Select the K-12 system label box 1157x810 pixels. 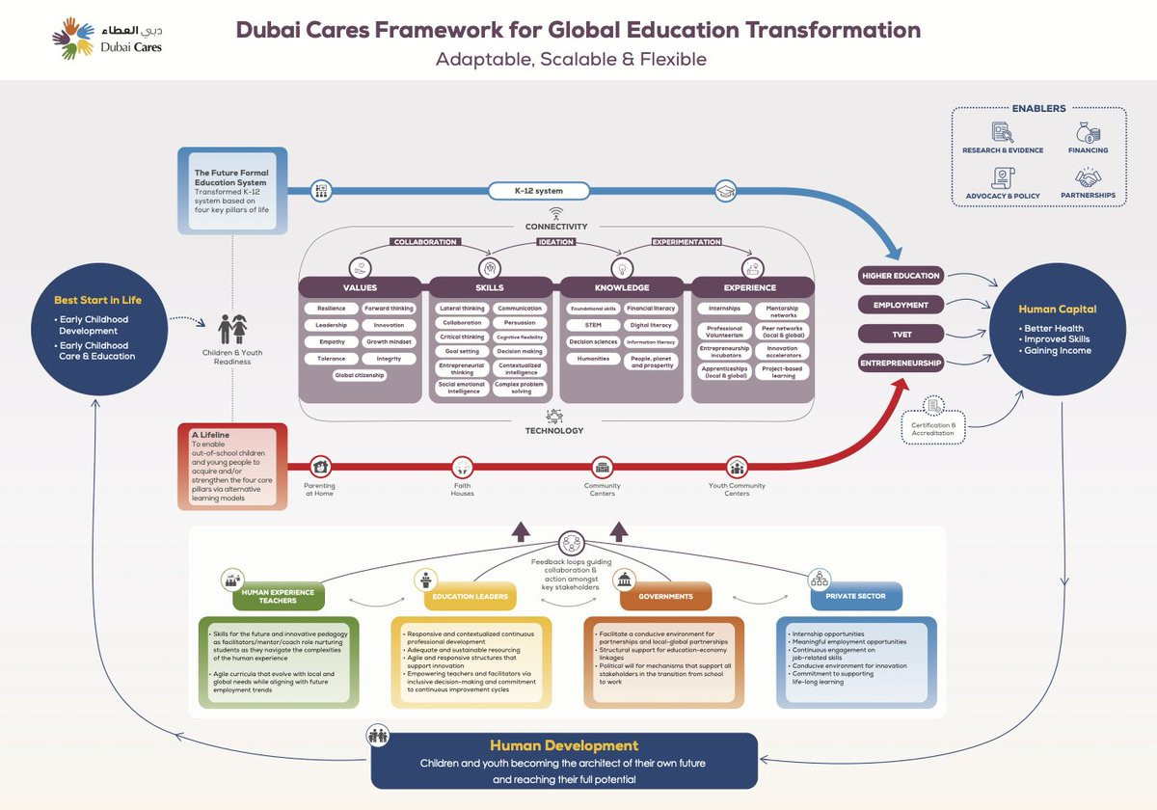[538, 190]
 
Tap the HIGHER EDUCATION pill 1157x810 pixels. [900, 276]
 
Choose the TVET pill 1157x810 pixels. [900, 334]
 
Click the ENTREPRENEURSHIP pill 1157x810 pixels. [900, 364]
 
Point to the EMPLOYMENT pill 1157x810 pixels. [900, 305]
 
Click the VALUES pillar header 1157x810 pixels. [360, 287]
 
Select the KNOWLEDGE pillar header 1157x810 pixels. [622, 287]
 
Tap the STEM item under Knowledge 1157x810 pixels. [592, 325]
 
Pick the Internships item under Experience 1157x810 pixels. [723, 310]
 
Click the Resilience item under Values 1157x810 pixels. [331, 309]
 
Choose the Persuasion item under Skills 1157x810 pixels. [519, 323]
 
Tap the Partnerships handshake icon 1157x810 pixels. [1089, 177]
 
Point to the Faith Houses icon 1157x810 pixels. [463, 467]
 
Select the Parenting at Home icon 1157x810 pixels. [320, 467]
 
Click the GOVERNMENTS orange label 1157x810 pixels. [665, 597]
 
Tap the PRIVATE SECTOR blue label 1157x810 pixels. [855, 597]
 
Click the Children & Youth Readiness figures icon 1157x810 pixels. [231, 329]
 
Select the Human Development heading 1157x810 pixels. [564, 745]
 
